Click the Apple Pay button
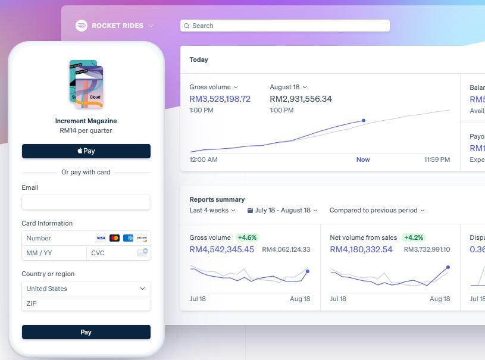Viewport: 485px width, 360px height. [x=86, y=151]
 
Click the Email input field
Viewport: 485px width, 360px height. [x=86, y=202]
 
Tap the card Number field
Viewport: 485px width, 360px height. [x=57, y=238]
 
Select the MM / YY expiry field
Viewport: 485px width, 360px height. [x=54, y=253]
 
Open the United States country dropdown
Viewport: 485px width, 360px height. [x=86, y=289]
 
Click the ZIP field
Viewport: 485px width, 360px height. [x=86, y=303]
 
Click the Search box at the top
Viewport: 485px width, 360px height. [x=285, y=26]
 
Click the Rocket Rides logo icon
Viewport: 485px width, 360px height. [x=82, y=26]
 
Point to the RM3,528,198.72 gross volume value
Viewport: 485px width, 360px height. [x=220, y=99]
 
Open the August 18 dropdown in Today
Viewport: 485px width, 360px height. [x=288, y=87]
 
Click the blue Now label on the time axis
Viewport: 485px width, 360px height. [x=363, y=159]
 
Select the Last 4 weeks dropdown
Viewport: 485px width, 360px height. [x=212, y=210]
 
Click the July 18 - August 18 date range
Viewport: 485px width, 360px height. [x=283, y=210]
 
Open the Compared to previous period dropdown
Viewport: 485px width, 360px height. [x=377, y=210]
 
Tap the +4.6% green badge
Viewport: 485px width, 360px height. [x=248, y=237]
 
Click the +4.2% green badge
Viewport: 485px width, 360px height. [x=414, y=237]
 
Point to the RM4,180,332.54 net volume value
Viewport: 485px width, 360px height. [x=361, y=249]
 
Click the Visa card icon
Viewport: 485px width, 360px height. [x=101, y=238]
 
